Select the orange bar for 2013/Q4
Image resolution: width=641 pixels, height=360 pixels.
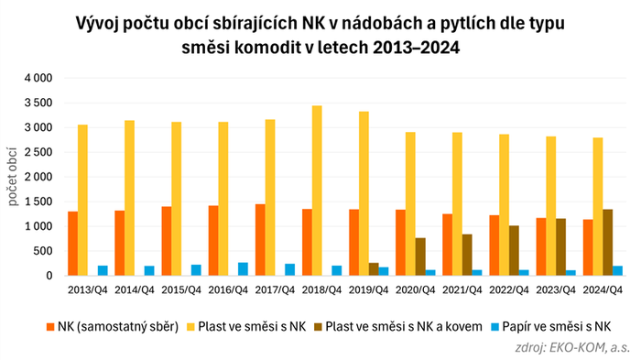[71, 244]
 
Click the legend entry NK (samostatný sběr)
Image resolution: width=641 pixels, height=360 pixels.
[115, 326]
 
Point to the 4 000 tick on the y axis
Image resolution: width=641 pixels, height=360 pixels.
[38, 78]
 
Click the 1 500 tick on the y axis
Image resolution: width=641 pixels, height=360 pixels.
[38, 202]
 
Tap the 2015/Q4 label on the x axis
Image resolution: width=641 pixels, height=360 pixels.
[182, 290]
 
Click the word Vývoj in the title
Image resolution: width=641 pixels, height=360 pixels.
[101, 18]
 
